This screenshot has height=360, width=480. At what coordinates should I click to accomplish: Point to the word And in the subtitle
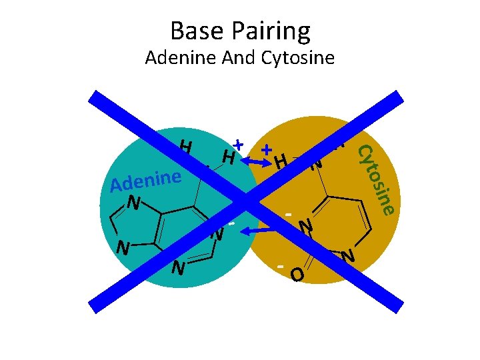pos(239,58)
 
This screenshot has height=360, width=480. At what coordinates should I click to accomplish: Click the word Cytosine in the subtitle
pos(298,59)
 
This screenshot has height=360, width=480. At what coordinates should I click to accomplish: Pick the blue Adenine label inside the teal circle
pos(147,180)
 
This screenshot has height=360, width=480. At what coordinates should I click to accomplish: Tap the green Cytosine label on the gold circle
pos(377,180)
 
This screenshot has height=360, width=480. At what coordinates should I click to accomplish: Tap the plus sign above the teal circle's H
pos(239,144)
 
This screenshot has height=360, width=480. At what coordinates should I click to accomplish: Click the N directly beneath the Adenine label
pos(135,202)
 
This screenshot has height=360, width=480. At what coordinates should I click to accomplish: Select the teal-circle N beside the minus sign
pos(217,234)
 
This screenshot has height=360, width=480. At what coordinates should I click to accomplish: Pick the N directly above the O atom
pos(306,227)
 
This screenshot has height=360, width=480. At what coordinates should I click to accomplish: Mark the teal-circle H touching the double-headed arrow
pos(228,158)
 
